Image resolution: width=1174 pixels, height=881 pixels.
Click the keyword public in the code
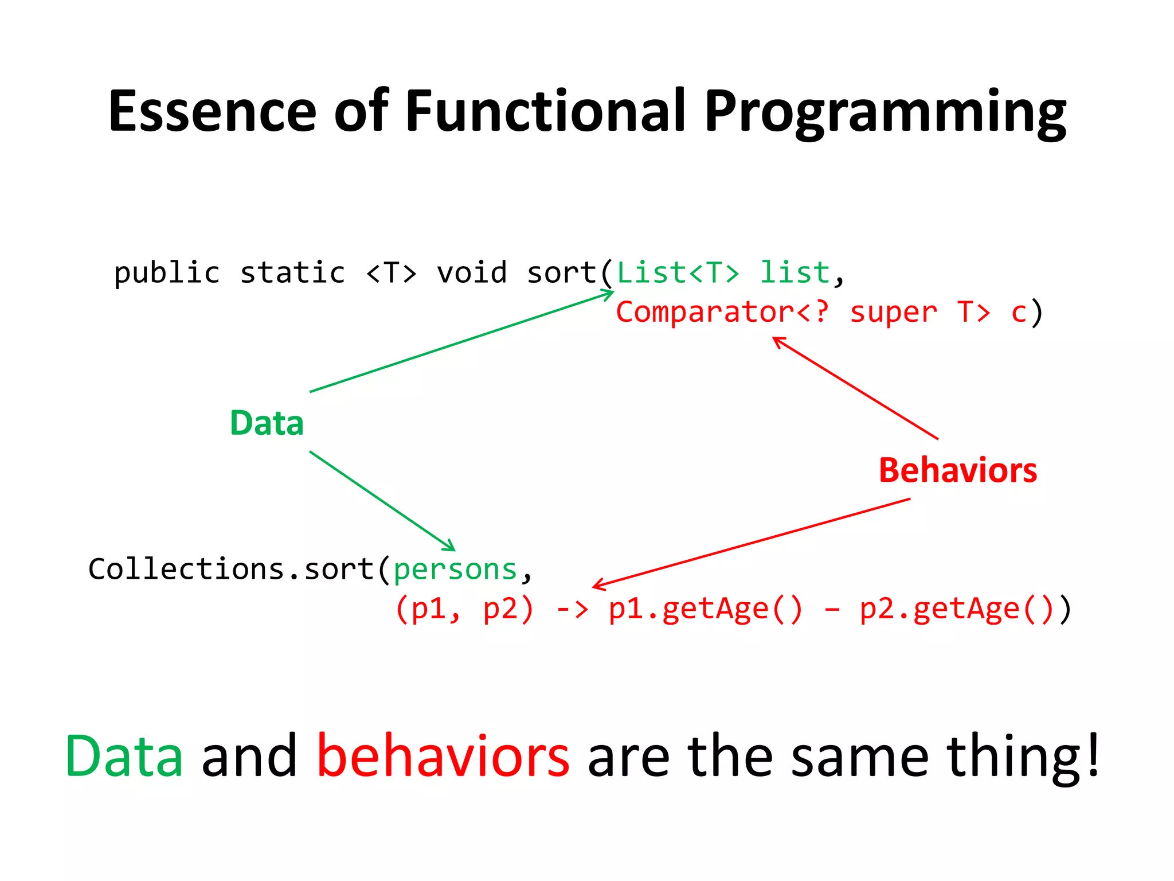[x=166, y=273]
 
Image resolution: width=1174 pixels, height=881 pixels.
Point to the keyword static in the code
[x=292, y=273]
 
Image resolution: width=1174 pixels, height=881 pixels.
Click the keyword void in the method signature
[x=471, y=273]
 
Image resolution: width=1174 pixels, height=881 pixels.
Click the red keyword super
[x=893, y=313]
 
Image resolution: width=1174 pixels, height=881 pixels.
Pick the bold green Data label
[x=267, y=423]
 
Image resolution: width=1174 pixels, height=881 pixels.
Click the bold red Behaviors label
[x=958, y=470]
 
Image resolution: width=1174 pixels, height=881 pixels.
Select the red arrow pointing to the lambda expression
[x=751, y=543]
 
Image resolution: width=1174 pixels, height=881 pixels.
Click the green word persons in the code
[x=455, y=570]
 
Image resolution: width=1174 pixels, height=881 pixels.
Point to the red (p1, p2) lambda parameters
[x=464, y=609]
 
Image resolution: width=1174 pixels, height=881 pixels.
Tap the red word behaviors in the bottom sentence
[x=443, y=757]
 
